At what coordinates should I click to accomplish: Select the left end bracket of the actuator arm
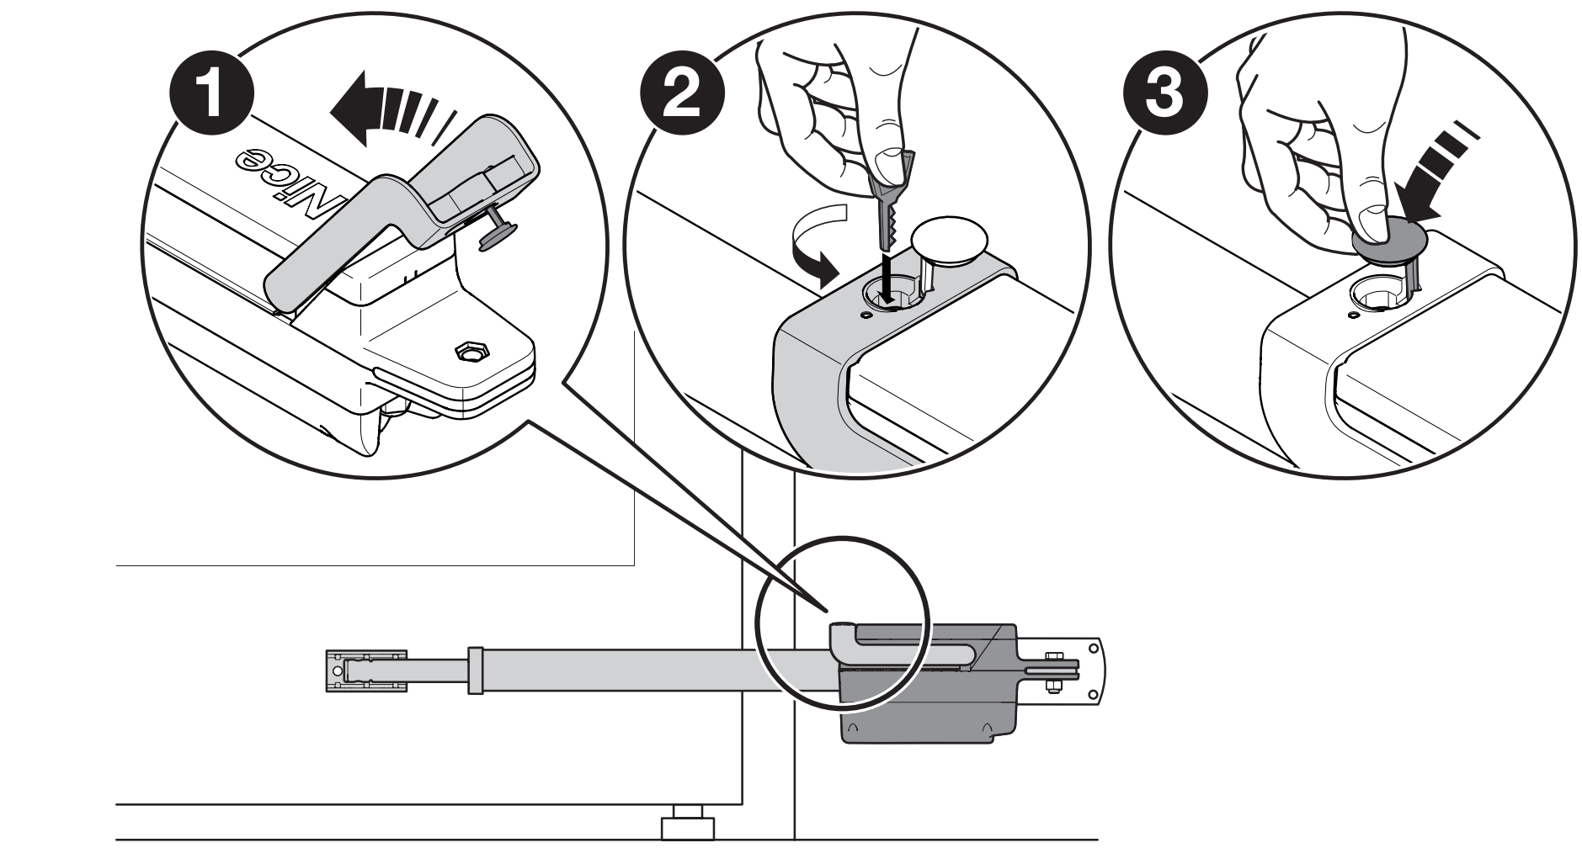(365, 671)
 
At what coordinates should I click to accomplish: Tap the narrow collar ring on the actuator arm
(476, 670)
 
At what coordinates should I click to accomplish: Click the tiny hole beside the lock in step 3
(1350, 315)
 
